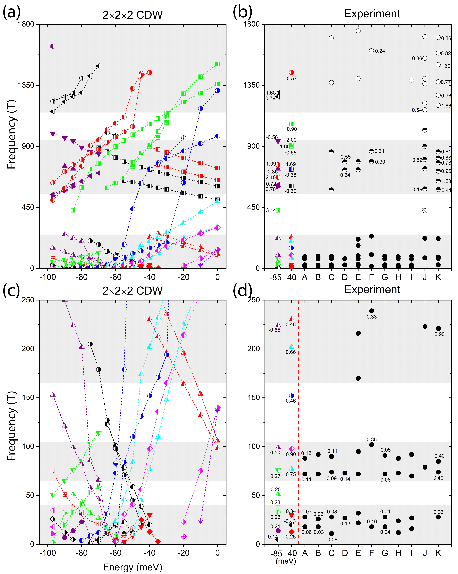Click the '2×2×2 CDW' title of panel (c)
[132, 291]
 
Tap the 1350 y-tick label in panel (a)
[26, 85]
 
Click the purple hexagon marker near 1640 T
[53, 46]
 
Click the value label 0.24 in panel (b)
[380, 51]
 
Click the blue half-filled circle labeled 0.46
[292, 396]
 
